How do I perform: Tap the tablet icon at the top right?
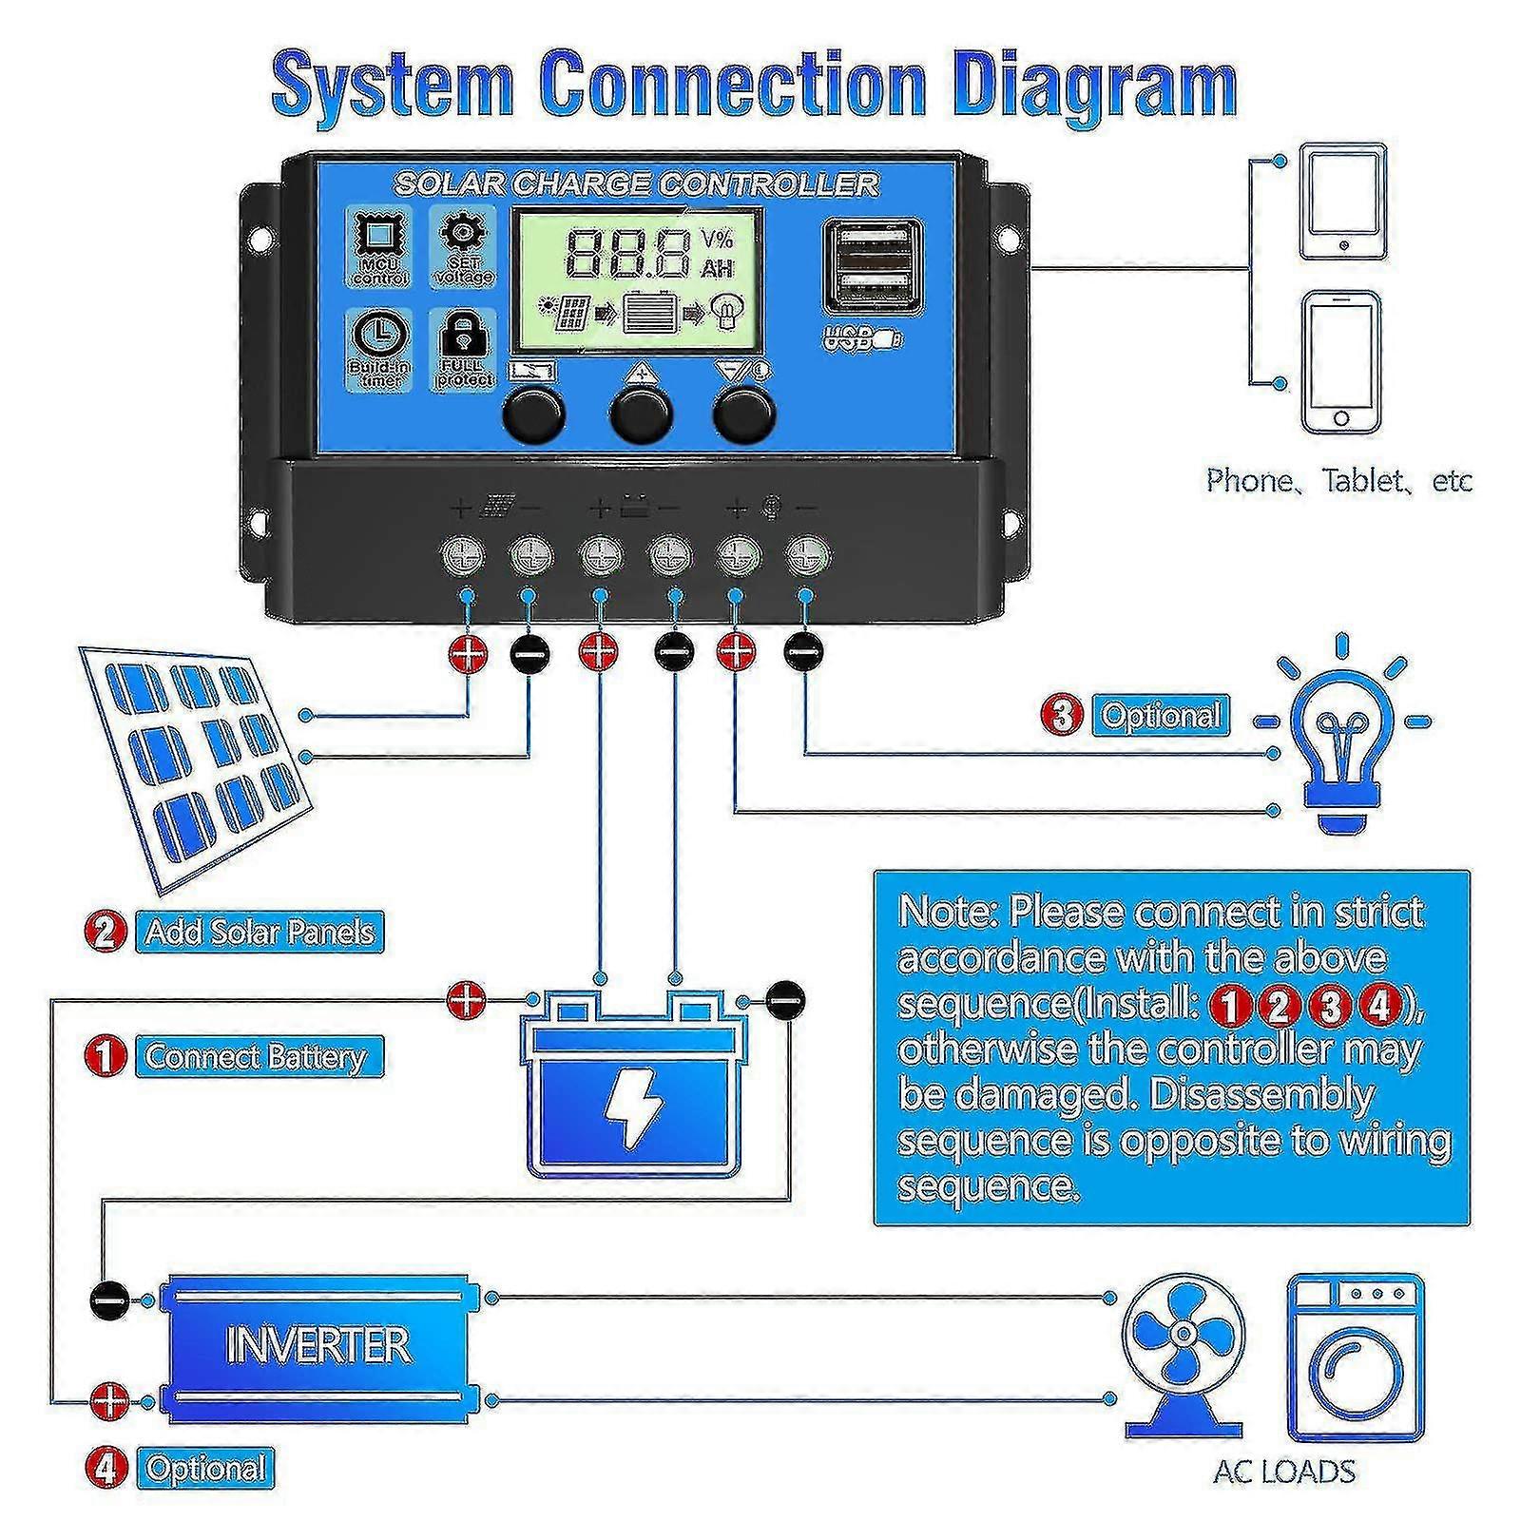(x=1341, y=202)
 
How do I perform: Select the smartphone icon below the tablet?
(x=1341, y=362)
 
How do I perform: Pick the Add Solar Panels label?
(x=260, y=932)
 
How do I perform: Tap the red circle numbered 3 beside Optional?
(x=1063, y=715)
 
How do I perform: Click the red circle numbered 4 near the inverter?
(x=106, y=1468)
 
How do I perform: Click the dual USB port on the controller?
(x=874, y=266)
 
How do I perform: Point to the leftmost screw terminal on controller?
(x=464, y=555)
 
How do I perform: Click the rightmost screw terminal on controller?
(x=806, y=555)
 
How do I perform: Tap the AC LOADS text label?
(x=1284, y=1472)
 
